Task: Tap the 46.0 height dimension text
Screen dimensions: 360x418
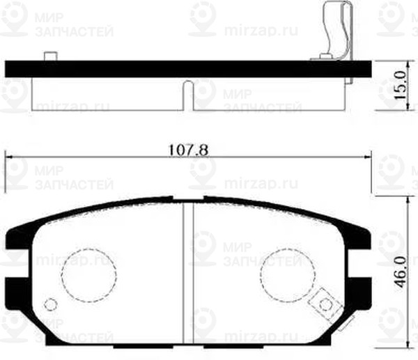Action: tap(400, 269)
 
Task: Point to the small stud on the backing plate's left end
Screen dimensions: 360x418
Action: tap(49, 56)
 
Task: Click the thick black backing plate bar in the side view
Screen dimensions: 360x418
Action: tap(188, 68)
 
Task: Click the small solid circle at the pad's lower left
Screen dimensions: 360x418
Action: tap(50, 304)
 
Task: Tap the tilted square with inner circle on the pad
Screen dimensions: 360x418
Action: tap(323, 303)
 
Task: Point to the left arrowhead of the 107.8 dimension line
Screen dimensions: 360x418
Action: tap(9, 157)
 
